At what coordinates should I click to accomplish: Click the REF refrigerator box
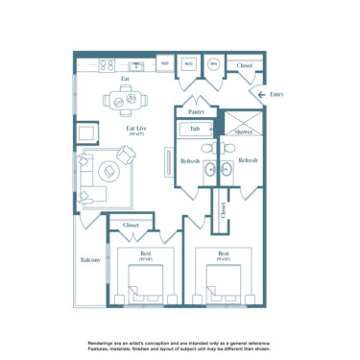pos(164,65)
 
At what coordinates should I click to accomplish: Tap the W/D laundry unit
pos(190,65)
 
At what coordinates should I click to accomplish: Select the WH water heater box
pos(214,65)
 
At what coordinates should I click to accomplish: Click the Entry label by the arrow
pos(276,94)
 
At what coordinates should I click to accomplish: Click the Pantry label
pos(196,111)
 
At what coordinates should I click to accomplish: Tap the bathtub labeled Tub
pos(195,128)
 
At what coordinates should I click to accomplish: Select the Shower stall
pos(243,129)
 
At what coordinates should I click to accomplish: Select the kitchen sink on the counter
pos(137,66)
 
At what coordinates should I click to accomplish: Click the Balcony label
pos(90,260)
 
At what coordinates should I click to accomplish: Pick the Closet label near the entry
pos(245,65)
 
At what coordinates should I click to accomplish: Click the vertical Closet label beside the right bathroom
pos(223,211)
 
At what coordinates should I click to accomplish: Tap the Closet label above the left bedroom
pos(131,225)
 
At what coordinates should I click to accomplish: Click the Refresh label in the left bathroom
pos(189,160)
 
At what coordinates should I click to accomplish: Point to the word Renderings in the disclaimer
pos(103,342)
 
